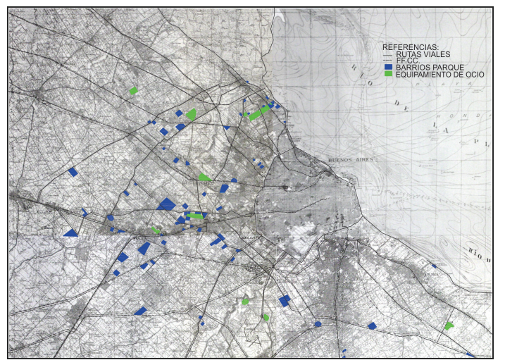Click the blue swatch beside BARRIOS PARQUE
coord(387,67)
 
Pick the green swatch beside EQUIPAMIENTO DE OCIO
coord(387,74)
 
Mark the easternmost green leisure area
coord(449,325)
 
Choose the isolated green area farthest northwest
coord(133,90)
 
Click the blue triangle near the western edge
coord(70,232)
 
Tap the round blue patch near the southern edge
coord(318,324)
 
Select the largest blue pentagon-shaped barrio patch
coord(167,204)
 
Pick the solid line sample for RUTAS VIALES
coord(387,54)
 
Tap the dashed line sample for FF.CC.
coord(387,61)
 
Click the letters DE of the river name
coord(403,106)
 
